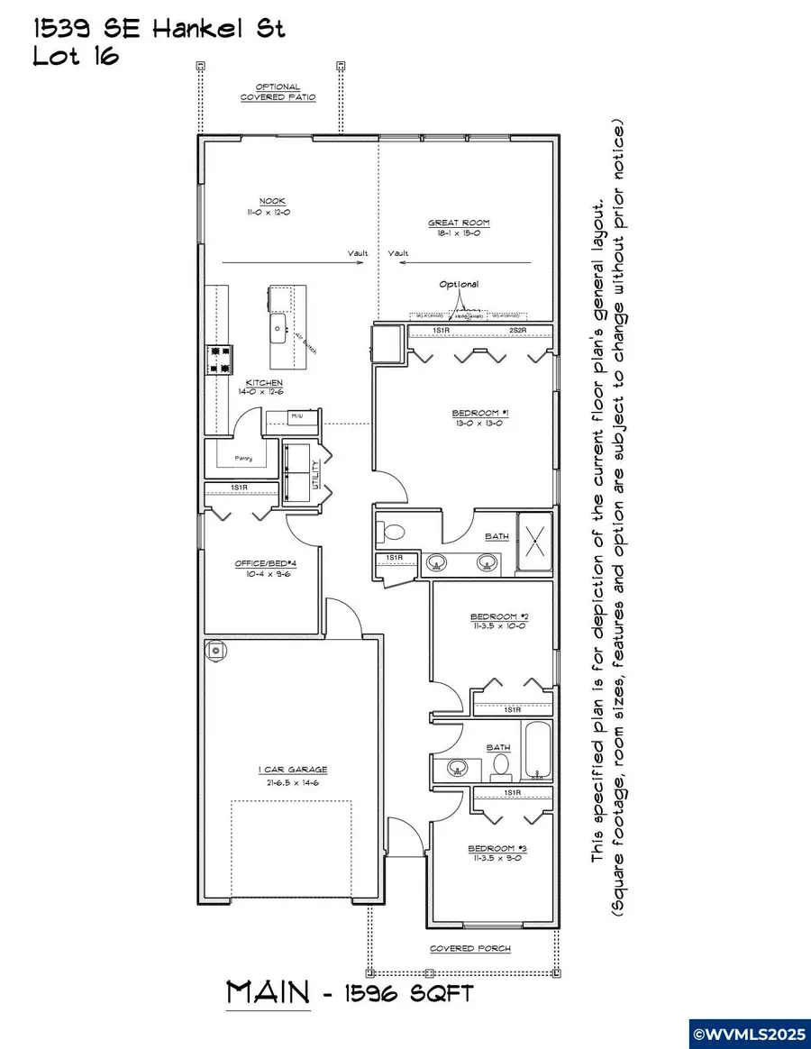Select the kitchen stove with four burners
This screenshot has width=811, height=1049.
221,359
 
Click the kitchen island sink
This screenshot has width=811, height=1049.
278,324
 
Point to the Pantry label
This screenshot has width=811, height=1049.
243,459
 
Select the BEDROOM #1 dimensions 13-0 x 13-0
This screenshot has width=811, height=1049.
481,423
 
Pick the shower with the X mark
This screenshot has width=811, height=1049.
533,542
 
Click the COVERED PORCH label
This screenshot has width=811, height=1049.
469,948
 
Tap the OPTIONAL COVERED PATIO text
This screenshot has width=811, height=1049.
278,92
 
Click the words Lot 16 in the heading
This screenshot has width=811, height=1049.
76,57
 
